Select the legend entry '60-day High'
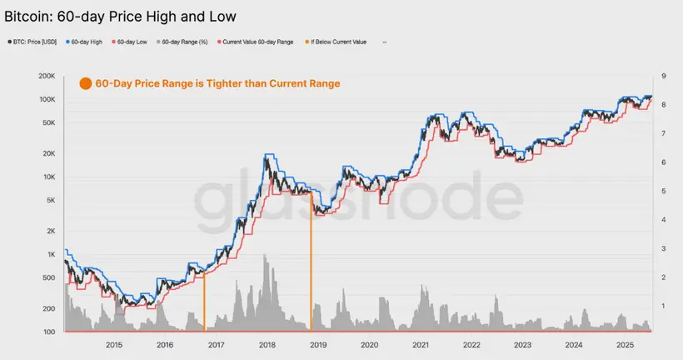(x=86, y=42)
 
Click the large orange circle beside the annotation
(x=84, y=83)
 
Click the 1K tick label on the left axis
(x=51, y=254)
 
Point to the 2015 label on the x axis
(x=114, y=344)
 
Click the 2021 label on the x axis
(x=421, y=344)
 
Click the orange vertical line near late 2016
(x=204, y=300)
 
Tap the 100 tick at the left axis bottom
(x=49, y=332)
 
